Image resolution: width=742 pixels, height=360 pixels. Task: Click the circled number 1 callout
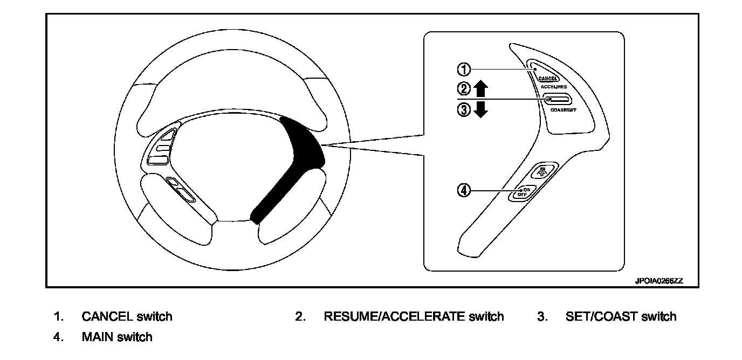pos(464,69)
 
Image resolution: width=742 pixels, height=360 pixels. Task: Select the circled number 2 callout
pos(464,88)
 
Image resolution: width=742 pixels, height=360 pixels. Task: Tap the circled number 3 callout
pos(464,109)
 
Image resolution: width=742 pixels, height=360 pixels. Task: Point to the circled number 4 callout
pos(464,190)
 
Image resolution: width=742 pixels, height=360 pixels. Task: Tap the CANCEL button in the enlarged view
pos(547,79)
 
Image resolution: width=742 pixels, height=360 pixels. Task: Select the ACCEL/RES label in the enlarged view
pos(553,87)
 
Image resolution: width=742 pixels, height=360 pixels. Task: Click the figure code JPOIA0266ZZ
pos(658,281)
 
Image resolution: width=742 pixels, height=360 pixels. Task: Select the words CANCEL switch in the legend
pos(127,316)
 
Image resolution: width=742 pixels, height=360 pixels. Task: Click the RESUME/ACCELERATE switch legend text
pos(414,316)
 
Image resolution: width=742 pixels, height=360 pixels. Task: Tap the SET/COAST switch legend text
pos(621,316)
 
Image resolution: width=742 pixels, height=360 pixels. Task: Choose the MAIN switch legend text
pos(117,337)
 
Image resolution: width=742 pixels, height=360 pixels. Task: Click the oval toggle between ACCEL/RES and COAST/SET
pos(558,99)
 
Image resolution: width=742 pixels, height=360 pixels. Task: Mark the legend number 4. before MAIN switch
pos(58,337)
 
